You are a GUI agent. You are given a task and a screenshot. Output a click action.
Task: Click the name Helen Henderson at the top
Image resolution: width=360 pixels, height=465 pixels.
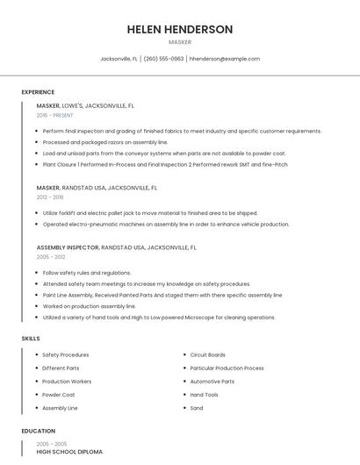click(179, 29)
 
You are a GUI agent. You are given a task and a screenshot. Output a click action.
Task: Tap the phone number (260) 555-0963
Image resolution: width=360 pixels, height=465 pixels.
click(163, 59)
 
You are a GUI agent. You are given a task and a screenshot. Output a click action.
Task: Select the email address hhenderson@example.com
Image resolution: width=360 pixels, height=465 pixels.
click(225, 59)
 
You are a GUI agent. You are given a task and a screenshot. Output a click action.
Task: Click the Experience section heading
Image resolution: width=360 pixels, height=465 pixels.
click(38, 92)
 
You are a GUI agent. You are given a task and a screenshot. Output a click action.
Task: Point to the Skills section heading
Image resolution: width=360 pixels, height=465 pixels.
click(31, 338)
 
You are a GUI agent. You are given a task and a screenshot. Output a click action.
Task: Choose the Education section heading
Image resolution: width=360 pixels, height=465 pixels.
click(39, 431)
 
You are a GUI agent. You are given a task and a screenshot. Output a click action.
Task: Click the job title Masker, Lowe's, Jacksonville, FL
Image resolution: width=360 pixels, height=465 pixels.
click(85, 105)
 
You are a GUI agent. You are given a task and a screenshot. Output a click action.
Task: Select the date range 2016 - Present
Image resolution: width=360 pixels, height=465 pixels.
click(54, 115)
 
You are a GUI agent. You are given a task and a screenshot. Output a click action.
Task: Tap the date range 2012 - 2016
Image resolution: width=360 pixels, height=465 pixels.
click(50, 197)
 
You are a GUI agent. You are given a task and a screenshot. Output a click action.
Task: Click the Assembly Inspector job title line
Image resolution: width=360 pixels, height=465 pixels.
click(116, 247)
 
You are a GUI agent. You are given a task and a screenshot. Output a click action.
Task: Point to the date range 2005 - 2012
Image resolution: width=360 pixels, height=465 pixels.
click(51, 257)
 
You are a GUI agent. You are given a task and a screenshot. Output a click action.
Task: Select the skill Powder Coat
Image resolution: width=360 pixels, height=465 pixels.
click(59, 395)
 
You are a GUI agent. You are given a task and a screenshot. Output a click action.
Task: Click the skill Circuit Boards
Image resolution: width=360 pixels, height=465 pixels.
click(208, 355)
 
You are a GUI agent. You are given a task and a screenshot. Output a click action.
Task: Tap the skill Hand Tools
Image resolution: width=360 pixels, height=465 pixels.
click(204, 395)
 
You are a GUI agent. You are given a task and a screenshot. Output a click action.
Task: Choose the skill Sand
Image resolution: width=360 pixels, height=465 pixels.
click(197, 408)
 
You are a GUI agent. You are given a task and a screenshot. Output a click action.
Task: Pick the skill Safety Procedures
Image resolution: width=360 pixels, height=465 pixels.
click(66, 355)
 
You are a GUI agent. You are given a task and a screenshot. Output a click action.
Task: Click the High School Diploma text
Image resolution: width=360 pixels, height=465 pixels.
click(69, 452)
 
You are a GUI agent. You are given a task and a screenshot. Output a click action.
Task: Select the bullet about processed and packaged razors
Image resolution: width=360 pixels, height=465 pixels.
click(104, 142)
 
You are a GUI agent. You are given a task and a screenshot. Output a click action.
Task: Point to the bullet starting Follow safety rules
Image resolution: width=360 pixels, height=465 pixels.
click(86, 273)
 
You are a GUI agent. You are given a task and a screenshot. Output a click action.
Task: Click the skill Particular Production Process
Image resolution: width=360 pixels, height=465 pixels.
click(227, 368)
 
